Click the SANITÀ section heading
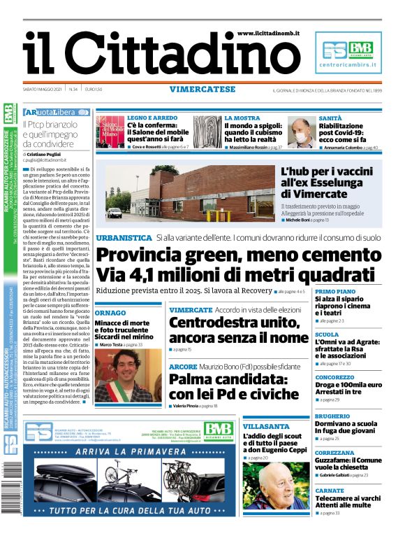click(330, 118)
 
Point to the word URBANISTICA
click(124, 238)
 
